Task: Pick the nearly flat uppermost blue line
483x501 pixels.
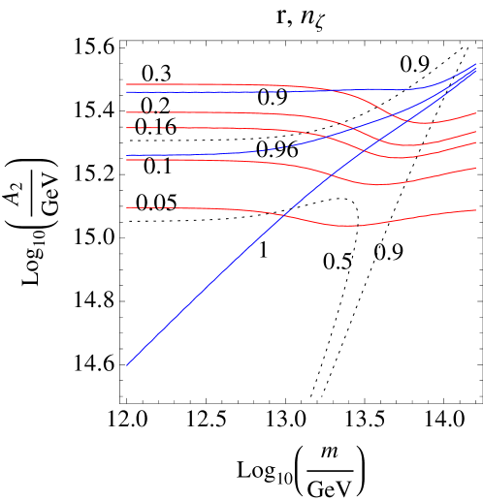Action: (x=242, y=91)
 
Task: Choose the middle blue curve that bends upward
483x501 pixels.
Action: (x=242, y=150)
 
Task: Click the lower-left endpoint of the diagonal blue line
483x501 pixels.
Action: (x=126, y=365)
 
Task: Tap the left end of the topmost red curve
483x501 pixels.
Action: (x=126, y=84)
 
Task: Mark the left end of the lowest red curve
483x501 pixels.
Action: (x=126, y=207)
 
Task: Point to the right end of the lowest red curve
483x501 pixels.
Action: (x=476, y=209)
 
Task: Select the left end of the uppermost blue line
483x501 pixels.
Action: (x=126, y=92)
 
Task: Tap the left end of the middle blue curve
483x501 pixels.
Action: (x=126, y=155)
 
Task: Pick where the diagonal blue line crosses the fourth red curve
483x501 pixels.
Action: (x=332, y=174)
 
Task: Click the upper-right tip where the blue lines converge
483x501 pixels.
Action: (x=476, y=65)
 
